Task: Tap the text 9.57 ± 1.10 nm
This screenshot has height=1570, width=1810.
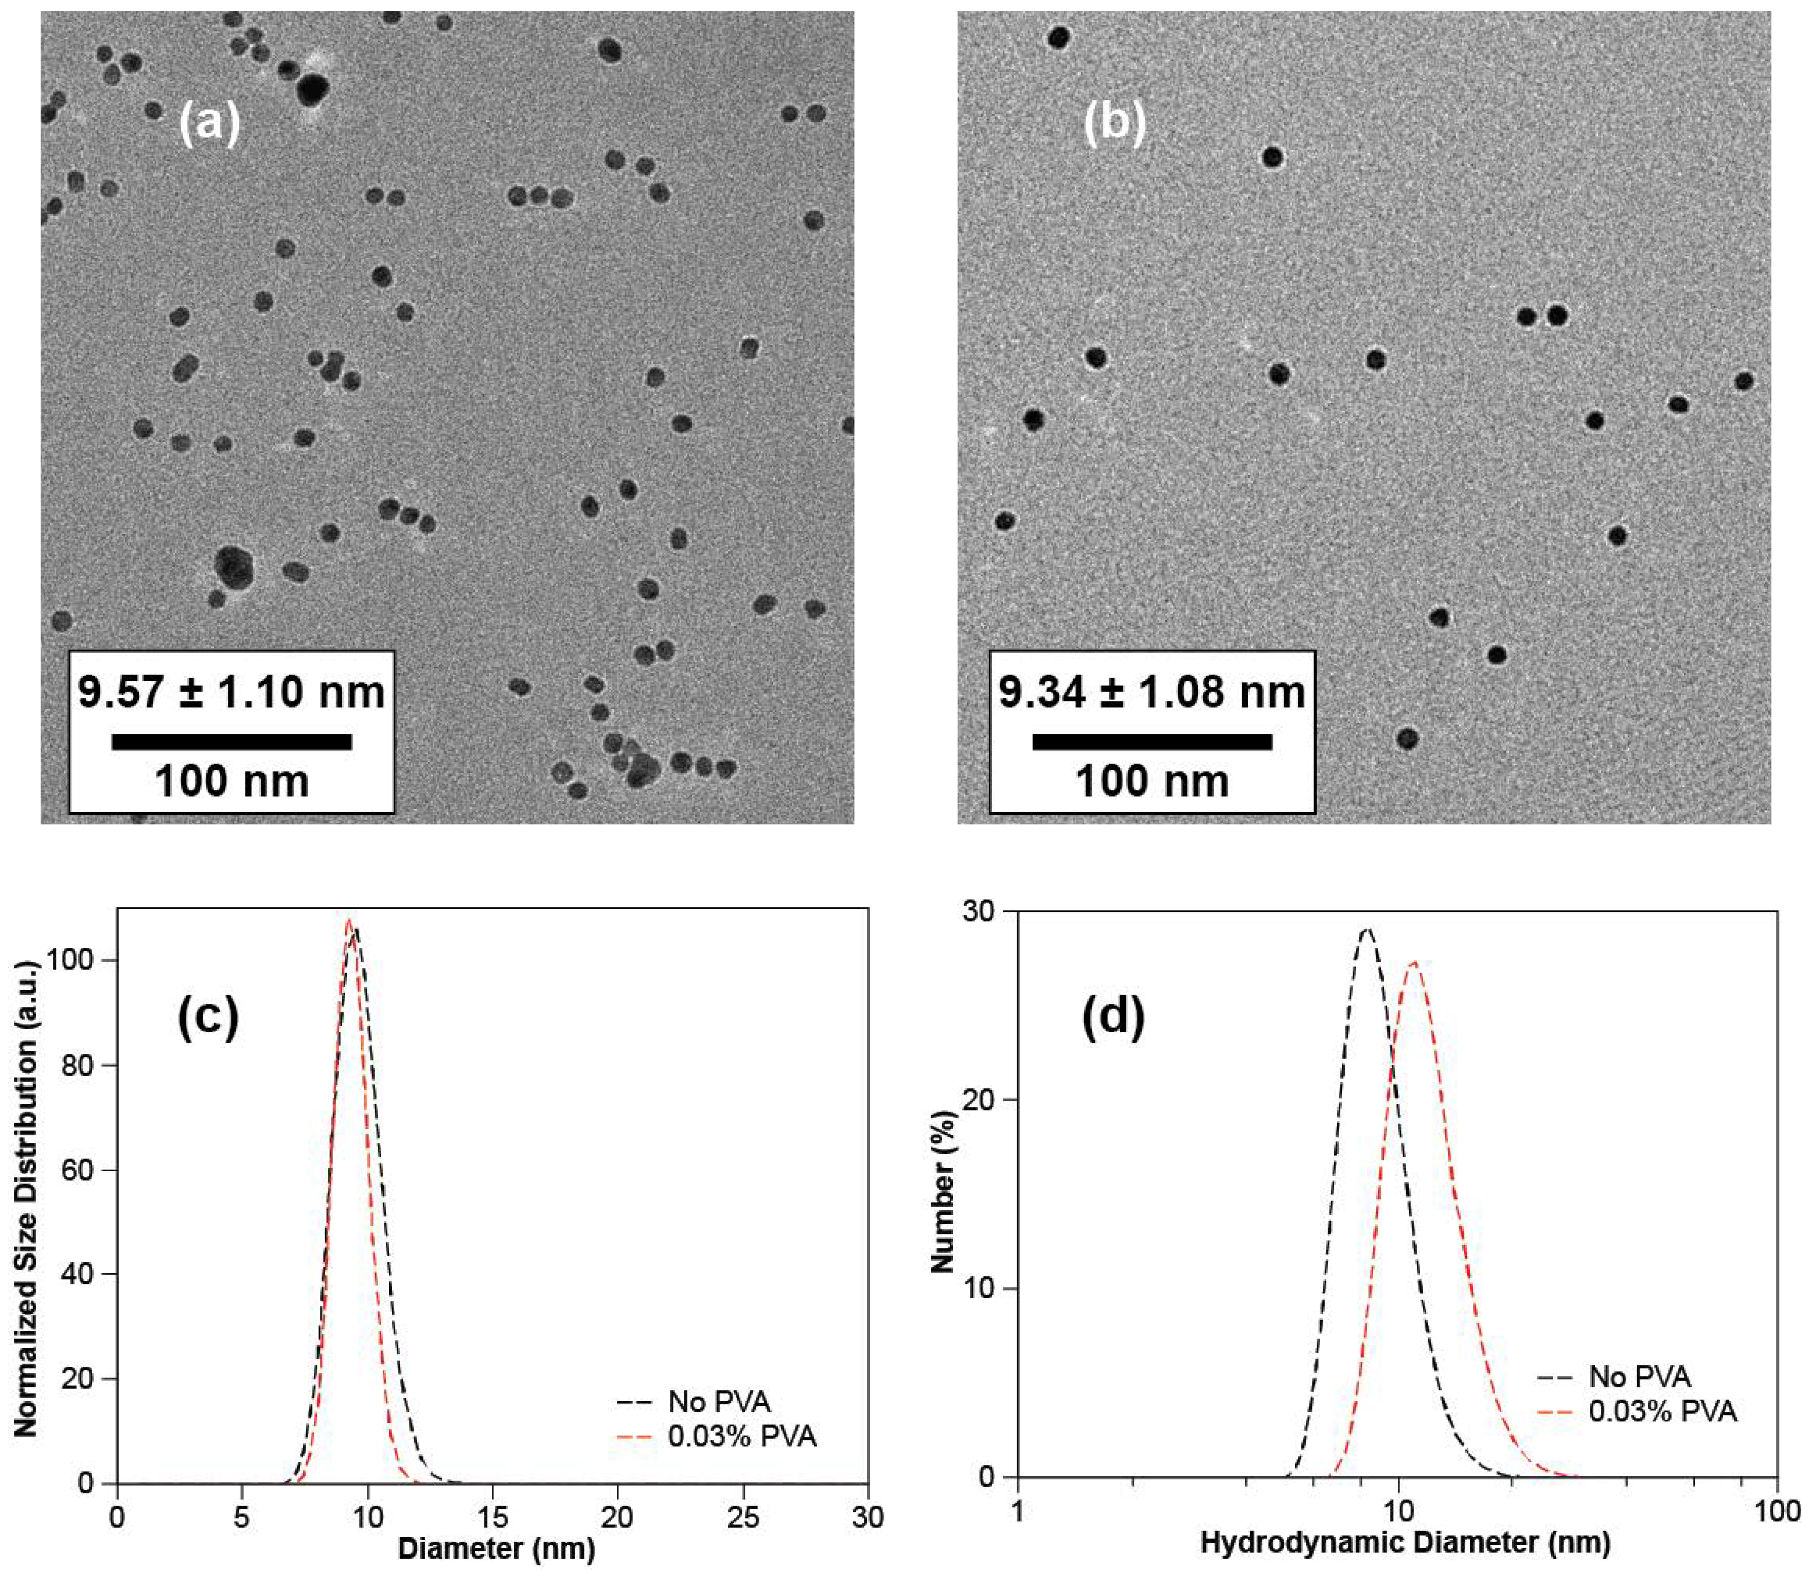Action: tap(232, 692)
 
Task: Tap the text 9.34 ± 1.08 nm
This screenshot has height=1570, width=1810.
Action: tap(1152, 692)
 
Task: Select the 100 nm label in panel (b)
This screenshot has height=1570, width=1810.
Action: tap(1152, 781)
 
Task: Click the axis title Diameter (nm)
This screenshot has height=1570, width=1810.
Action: tap(496, 1547)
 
